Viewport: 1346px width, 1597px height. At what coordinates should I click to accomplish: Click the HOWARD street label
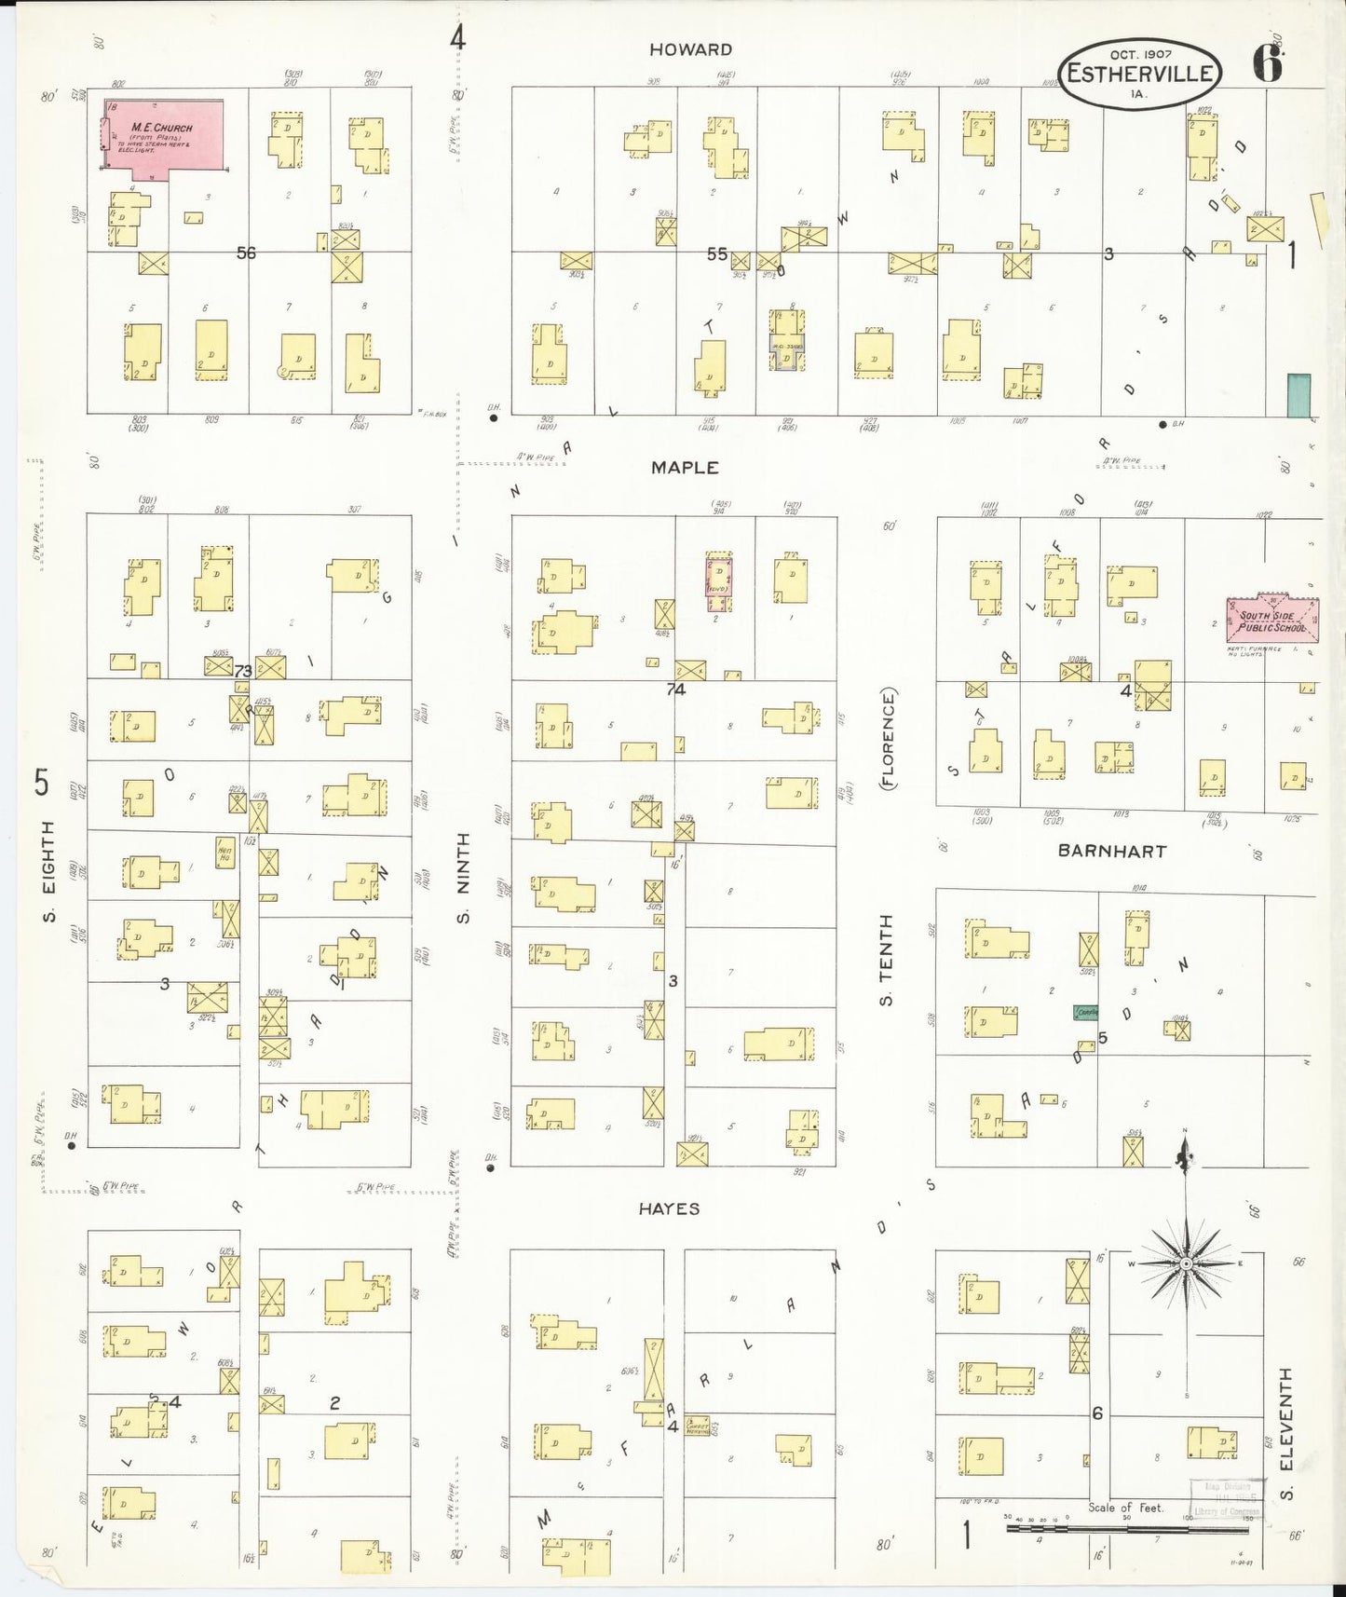690,49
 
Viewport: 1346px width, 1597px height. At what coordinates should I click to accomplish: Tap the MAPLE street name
685,468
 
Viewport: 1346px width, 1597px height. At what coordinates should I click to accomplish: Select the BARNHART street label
1111,851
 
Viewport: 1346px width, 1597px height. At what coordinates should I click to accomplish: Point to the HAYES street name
669,1208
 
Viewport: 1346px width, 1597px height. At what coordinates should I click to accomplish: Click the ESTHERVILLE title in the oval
1140,74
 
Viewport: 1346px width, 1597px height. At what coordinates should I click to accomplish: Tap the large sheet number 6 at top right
1269,63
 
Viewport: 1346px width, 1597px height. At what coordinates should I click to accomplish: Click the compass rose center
1187,1263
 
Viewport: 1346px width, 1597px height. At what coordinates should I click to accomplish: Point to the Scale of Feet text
1125,1508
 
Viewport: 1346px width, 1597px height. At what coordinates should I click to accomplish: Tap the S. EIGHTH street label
48,872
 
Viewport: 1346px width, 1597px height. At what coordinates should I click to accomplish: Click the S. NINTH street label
463,877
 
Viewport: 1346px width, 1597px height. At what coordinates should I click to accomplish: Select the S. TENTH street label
886,960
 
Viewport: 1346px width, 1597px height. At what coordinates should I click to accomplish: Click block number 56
246,253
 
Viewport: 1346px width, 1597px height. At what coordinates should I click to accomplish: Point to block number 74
676,689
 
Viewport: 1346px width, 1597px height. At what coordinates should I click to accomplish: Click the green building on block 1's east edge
1298,395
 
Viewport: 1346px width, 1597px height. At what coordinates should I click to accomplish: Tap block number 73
243,671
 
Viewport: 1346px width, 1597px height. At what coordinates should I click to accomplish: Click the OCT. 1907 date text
1140,55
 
